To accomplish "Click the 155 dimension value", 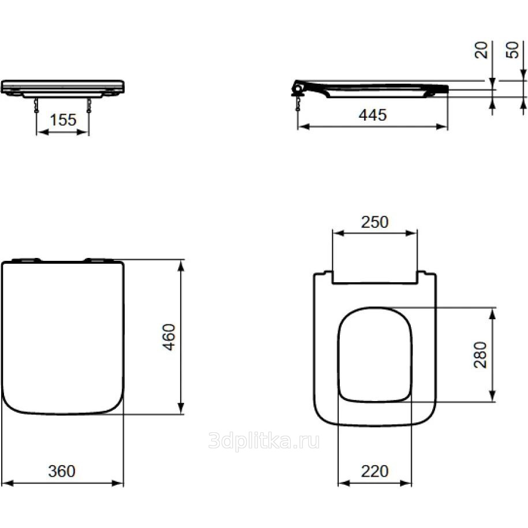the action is pos(63,120).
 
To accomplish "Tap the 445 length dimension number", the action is pos(372,115).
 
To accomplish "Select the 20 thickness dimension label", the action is pos(481,50).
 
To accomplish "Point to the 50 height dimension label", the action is pos(512,50).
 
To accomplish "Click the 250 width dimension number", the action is pos(375,222).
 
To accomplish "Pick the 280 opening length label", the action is pos(481,355).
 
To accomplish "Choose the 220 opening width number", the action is pos(375,471).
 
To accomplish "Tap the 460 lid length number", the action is pos(169,337).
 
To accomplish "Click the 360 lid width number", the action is pos(62,471).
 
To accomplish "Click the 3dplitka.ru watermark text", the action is pos(264,441).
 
